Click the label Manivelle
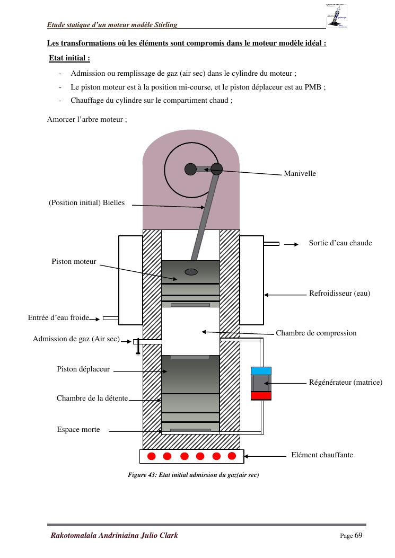click(300, 173)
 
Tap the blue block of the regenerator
click(261, 371)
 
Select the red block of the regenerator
click(261, 395)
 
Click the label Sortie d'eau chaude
click(340, 243)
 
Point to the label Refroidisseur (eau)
click(339, 294)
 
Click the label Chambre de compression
click(316, 333)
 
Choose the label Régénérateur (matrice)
click(345, 382)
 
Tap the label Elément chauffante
click(322, 455)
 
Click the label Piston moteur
click(74, 261)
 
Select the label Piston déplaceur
click(83, 369)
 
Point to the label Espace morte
click(78, 430)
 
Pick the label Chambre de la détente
click(92, 398)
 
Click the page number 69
click(358, 535)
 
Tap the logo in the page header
click(338, 16)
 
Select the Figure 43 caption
click(193, 475)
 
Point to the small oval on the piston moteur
click(190, 272)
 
